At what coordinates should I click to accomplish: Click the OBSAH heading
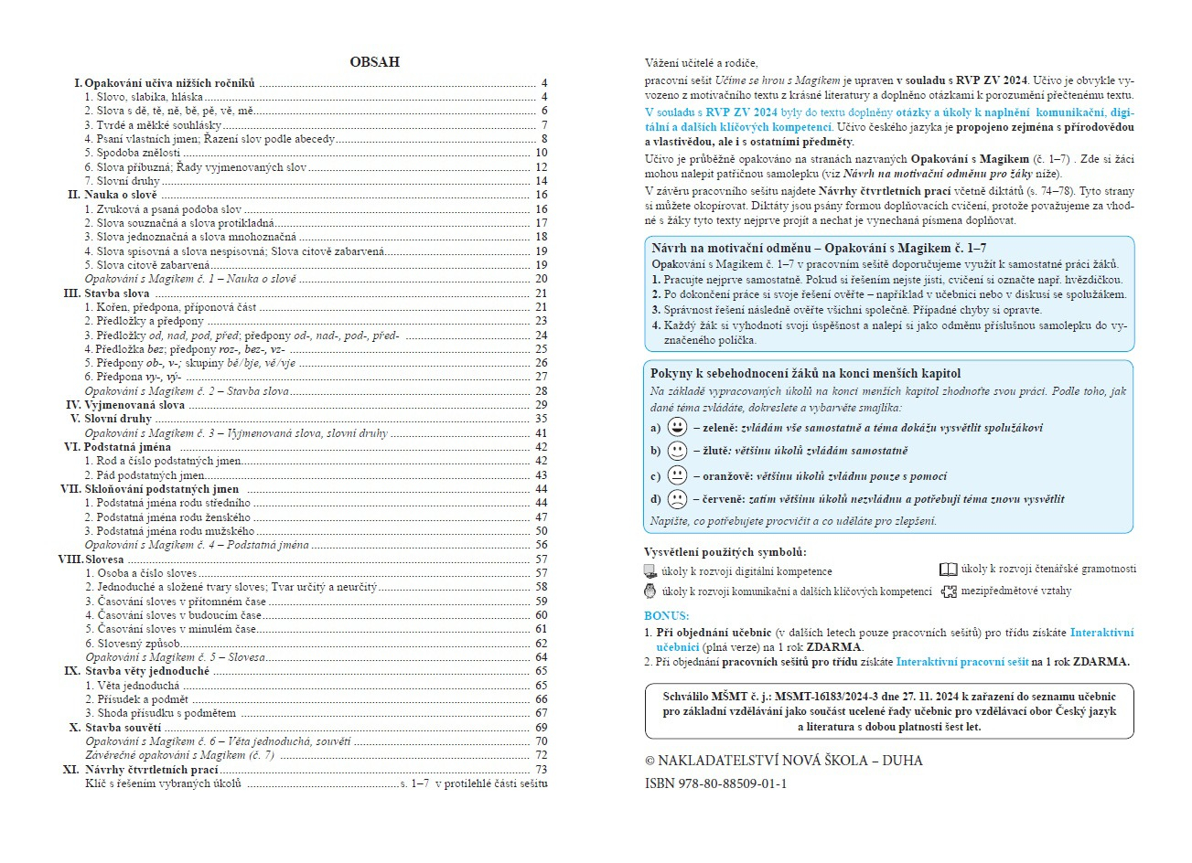pos(374,62)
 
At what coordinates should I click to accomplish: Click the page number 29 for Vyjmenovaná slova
pos(541,405)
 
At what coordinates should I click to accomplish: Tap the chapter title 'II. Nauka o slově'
pos(113,195)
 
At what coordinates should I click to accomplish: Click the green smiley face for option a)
pos(677,427)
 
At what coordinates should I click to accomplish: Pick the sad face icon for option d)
pos(677,499)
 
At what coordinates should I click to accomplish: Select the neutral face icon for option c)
pos(677,475)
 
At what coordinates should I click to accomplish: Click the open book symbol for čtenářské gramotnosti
pos(949,570)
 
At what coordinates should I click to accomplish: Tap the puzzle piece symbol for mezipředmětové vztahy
pos(949,591)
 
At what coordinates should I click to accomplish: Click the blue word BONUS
pos(666,616)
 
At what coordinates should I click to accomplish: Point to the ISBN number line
pos(715,783)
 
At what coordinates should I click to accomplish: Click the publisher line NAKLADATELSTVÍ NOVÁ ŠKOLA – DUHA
pos(784,761)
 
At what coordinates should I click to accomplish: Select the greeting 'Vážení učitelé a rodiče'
pos(701,63)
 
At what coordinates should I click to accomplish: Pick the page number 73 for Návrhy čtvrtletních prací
pos(541,770)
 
